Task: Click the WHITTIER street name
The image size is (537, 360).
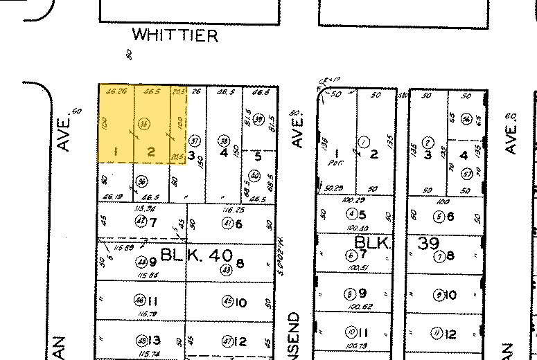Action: (175, 35)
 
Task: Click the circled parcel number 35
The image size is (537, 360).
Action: (144, 124)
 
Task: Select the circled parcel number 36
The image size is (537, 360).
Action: (142, 182)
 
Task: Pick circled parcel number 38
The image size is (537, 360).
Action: (223, 138)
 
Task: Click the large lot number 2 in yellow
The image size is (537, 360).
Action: (151, 152)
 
